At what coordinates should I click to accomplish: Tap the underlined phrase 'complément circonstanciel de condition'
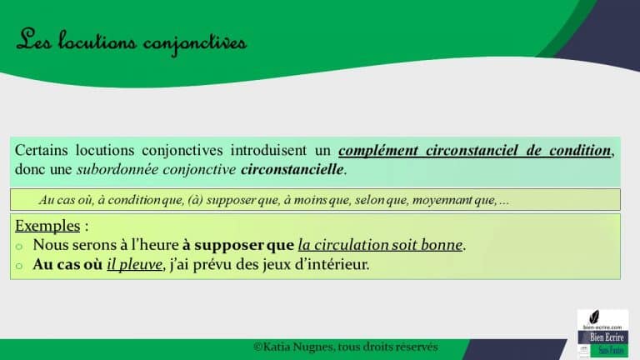tap(475, 151)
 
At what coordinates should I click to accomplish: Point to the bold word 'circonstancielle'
tap(292, 169)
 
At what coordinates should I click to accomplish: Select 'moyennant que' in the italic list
tap(452, 200)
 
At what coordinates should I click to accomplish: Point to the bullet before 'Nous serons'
tap(20, 247)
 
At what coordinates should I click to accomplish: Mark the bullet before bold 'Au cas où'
tap(20, 266)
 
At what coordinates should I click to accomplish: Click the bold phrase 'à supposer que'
tap(238, 246)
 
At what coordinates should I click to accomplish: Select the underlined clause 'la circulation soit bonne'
tap(380, 246)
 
